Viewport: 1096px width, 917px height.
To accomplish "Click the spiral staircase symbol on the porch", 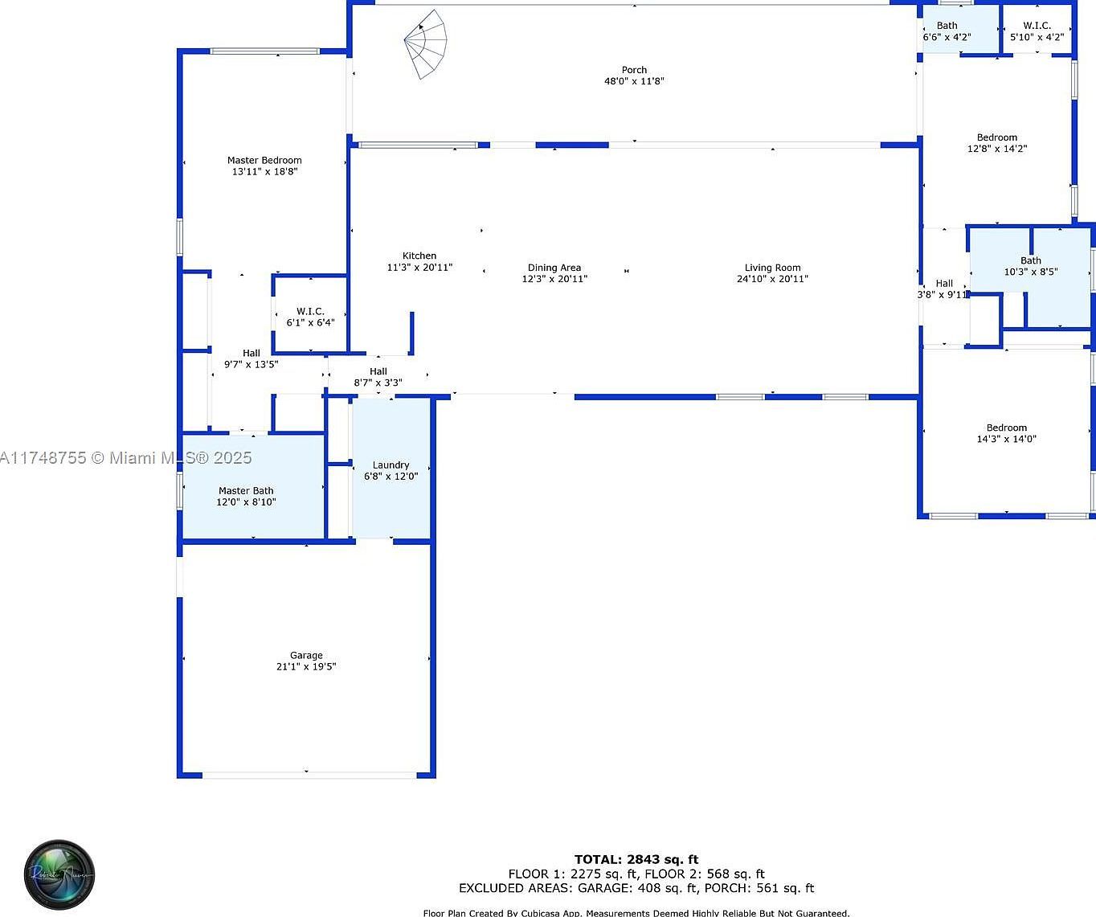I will (x=427, y=45).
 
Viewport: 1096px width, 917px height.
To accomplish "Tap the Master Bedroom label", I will (x=264, y=161).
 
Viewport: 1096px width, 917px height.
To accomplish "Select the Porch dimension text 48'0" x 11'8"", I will (x=634, y=81).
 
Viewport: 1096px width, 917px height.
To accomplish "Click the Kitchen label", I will (x=419, y=256).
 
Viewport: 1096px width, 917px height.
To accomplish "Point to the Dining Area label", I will (x=554, y=268).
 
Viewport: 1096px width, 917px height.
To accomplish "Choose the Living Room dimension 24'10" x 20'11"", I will (x=772, y=279).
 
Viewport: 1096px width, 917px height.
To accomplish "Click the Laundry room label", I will (x=391, y=465).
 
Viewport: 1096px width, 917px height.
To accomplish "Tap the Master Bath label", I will (x=246, y=491).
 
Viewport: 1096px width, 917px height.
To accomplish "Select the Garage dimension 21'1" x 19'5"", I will (x=306, y=666).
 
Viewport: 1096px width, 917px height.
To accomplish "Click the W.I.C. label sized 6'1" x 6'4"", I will (x=310, y=312).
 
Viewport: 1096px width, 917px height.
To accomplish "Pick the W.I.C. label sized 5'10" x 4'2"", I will (x=1037, y=26).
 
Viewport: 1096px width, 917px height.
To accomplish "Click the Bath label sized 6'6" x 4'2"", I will (x=947, y=26).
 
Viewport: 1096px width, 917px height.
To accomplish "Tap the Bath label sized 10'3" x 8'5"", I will (x=1031, y=260).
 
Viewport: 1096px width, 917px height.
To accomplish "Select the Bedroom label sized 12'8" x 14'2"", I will (x=997, y=137).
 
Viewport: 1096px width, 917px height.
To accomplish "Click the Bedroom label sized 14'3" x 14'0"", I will (x=1007, y=428).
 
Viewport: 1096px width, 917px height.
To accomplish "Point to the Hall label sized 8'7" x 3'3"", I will (x=378, y=372).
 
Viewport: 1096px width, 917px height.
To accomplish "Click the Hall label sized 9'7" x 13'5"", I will (x=252, y=353).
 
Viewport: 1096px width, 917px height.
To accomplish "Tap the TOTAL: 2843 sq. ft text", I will (x=636, y=859).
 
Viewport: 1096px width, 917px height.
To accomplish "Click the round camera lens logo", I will (x=60, y=874).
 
